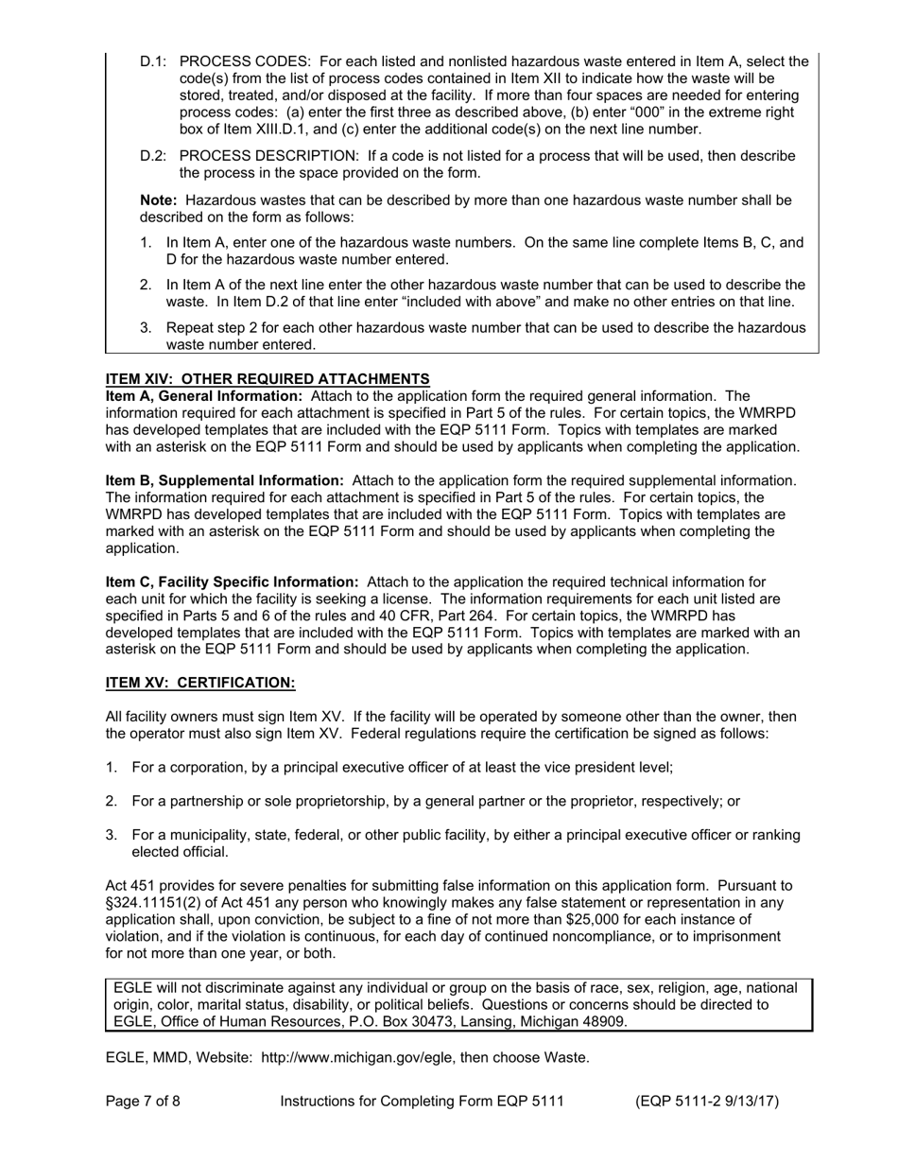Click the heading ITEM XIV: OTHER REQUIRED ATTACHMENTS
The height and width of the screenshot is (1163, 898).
pyautogui.click(x=268, y=379)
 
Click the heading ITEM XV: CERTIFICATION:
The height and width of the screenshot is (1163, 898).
pyautogui.click(x=200, y=683)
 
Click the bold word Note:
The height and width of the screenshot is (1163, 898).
pyautogui.click(x=158, y=200)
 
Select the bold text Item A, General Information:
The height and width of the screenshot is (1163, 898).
pyautogui.click(x=204, y=396)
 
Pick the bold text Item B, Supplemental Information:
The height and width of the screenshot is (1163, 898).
pyautogui.click(x=224, y=480)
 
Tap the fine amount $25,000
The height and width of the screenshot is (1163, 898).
pyautogui.click(x=670, y=920)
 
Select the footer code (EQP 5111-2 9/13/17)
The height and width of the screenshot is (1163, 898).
pyautogui.click(x=707, y=1102)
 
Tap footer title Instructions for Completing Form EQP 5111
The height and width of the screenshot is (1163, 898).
pyautogui.click(x=422, y=1102)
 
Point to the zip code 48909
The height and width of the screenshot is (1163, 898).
pyautogui.click(x=602, y=1022)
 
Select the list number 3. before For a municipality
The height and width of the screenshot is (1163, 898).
pyautogui.click(x=112, y=835)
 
